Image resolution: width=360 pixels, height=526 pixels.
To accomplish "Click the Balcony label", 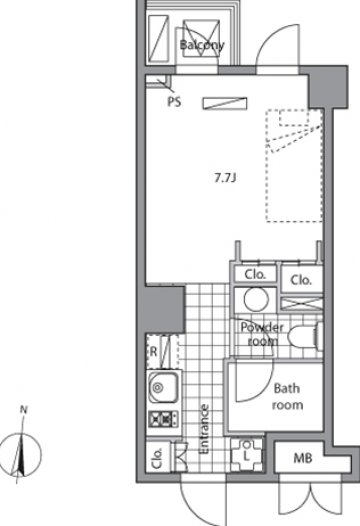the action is (202, 45).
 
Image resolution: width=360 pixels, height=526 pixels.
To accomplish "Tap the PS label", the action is (174, 101).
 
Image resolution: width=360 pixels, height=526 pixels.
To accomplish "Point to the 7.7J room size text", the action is (225, 178).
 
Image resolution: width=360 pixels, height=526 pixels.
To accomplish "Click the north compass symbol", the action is (21, 455).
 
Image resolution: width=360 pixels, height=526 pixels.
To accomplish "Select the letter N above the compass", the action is (23, 410).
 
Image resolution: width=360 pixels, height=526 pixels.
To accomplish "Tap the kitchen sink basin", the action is (163, 387).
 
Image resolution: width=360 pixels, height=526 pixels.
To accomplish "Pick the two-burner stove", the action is (163, 419).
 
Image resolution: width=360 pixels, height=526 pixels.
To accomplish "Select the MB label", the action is (303, 458).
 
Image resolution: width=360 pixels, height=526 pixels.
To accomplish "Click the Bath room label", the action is (287, 397).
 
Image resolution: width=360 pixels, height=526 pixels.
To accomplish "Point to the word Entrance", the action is (204, 429).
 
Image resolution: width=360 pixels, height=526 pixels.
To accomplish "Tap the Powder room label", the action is (262, 334).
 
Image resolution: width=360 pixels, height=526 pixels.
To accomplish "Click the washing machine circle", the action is (256, 300).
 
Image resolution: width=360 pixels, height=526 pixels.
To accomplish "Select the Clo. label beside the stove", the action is (157, 458).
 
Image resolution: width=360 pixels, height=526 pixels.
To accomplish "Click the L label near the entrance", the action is (246, 456).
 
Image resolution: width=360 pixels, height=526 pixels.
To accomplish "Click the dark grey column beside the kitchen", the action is (162, 309).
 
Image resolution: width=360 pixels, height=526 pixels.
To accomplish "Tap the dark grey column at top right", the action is (327, 87).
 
